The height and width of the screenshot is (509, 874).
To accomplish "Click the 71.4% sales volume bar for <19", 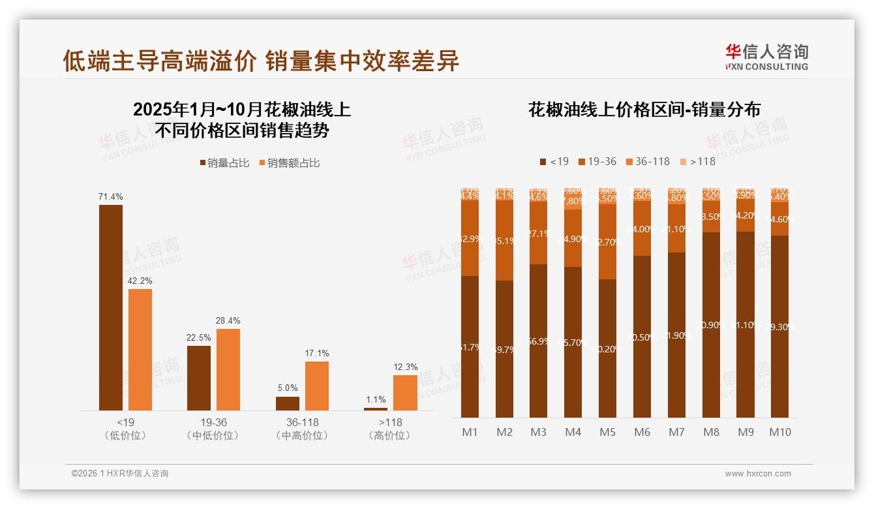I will [110, 307].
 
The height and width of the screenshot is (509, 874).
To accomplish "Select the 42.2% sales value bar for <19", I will [140, 349].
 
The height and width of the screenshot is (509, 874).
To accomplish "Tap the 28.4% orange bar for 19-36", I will [228, 369].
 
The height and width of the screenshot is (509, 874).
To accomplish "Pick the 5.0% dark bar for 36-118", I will [288, 403].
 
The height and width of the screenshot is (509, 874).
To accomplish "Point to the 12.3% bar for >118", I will [405, 392].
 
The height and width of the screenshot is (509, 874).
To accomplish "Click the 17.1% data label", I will [317, 353].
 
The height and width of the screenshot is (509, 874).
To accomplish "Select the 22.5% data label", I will [199, 337].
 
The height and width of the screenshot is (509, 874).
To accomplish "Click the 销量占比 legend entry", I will [224, 163].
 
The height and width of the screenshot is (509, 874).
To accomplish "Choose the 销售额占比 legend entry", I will [290, 163].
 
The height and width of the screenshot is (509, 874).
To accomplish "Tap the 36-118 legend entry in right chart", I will [648, 161].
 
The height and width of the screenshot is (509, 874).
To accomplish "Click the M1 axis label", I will [470, 432].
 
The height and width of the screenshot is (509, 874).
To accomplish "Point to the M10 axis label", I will [779, 432].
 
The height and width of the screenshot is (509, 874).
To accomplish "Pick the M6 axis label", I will [642, 432].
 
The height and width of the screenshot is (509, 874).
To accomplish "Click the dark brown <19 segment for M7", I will [676, 335].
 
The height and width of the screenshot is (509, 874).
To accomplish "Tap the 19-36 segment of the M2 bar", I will [504, 240].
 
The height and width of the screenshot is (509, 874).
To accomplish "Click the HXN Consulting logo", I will [766, 57].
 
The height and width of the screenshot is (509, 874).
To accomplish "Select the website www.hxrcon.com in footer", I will [758, 474].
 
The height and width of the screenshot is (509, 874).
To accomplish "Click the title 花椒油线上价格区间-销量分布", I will [644, 110].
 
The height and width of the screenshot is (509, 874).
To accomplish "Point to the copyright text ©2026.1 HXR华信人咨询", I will [120, 474].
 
